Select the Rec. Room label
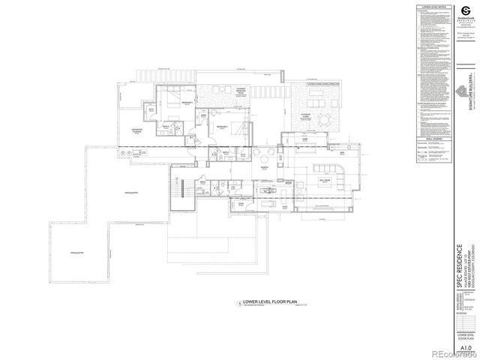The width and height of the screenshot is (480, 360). pyautogui.click(x=326, y=181)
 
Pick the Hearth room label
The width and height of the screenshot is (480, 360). pyautogui.click(x=265, y=169)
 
